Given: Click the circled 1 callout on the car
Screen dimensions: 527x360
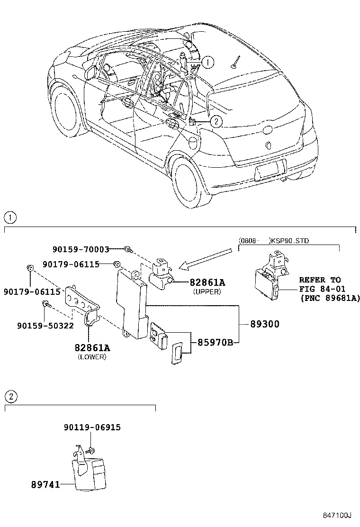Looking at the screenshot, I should point(207,62).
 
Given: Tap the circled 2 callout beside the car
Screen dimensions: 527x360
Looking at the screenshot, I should point(216,122).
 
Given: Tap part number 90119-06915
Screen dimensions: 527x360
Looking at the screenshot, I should point(92,427).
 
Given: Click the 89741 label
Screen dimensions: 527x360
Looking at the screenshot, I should point(45,485).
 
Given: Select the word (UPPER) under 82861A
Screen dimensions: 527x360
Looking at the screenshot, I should point(207,292).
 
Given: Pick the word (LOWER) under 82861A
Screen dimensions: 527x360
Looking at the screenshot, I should point(92,357).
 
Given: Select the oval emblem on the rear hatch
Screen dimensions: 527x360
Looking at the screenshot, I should point(268,130).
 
